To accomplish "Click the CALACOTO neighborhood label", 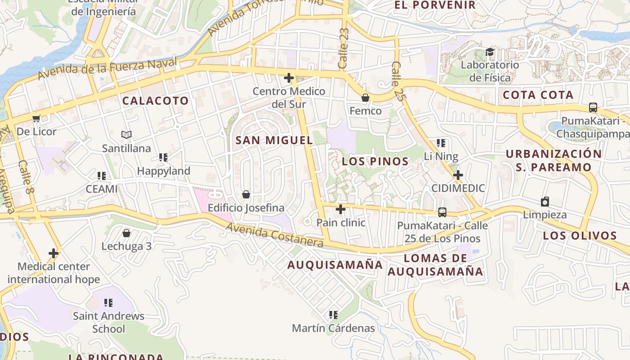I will click(x=155, y=101).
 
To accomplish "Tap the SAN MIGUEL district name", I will click(x=274, y=140).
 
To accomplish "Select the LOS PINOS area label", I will click(x=375, y=162).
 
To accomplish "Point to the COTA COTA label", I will click(x=538, y=95).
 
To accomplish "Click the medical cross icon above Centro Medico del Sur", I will click(x=289, y=78).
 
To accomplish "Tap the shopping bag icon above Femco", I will click(x=365, y=98).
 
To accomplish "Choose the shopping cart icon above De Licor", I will click(x=36, y=118).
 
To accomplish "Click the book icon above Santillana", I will click(x=126, y=135).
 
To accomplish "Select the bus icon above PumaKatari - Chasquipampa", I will click(x=593, y=108).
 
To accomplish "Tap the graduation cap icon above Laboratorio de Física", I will click(x=490, y=52).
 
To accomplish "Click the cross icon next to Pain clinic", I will click(x=341, y=209).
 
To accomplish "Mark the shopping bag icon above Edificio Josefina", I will click(x=246, y=194).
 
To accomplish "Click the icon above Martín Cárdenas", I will click(x=333, y=315).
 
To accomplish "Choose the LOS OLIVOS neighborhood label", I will click(x=580, y=236).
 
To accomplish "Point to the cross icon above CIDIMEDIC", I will click(x=458, y=175).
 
